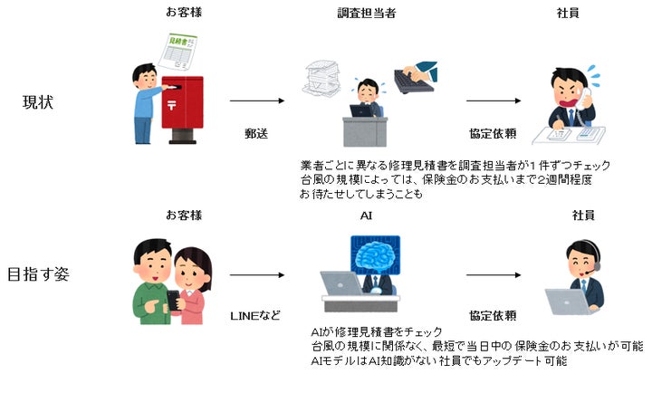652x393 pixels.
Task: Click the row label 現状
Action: coord(38,101)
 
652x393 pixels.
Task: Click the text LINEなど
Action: coord(256,315)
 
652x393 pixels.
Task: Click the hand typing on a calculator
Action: coord(416,78)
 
